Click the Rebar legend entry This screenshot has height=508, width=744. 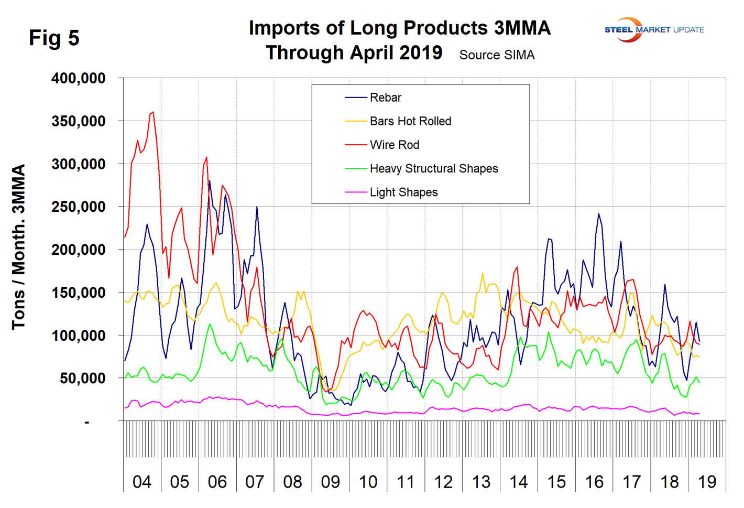385,98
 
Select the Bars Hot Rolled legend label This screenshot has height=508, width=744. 410,121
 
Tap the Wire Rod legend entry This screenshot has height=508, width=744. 394,145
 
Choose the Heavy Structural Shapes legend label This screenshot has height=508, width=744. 433,168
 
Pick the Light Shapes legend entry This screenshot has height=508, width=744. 403,192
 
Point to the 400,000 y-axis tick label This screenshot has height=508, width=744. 79,79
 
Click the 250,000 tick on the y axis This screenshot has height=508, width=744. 79,207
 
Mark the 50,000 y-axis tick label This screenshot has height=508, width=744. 82,379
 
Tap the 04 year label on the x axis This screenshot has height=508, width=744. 142,482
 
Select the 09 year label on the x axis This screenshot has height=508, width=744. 331,482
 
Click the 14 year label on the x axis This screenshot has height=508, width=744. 519,482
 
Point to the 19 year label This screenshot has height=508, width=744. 707,482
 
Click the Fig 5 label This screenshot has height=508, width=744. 54,38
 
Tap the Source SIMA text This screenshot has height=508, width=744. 497,55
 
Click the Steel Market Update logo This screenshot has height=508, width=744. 654,29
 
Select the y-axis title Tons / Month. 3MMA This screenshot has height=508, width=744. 19,246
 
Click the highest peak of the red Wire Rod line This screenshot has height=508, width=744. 152,112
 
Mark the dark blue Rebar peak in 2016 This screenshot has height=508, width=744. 598,214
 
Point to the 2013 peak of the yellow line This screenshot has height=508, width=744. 483,273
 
